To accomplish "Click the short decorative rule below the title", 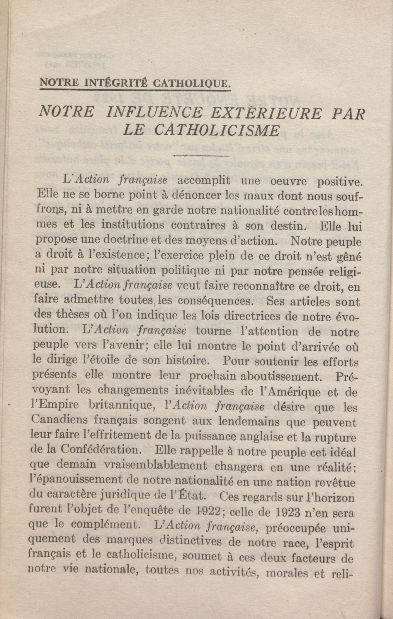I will coord(202,155).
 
